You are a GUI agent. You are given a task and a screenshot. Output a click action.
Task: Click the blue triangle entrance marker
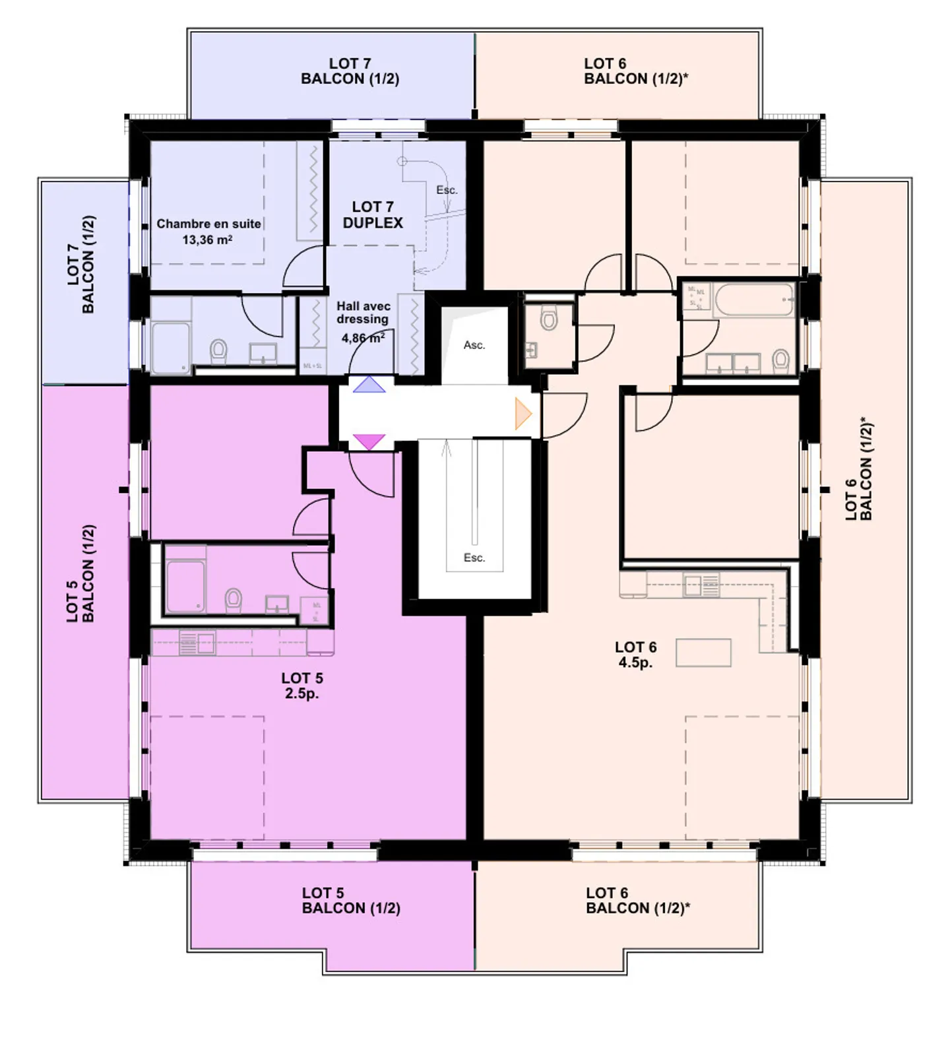368,385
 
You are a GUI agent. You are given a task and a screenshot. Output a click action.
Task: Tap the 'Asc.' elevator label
474,345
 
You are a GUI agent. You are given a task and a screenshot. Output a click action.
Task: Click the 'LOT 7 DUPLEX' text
373,215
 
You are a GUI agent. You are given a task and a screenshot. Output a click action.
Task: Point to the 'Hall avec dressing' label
364,313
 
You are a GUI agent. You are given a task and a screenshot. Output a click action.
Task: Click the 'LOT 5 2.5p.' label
302,685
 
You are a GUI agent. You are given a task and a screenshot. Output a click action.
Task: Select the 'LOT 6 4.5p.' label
635,655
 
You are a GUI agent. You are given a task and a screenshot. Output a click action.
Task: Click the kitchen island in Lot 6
703,653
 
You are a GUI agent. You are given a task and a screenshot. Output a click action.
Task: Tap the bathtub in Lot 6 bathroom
755,300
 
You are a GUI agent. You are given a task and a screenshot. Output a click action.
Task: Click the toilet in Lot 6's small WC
548,320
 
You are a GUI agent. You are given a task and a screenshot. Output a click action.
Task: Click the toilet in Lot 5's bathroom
233,600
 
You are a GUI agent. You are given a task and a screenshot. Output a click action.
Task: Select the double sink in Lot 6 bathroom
734,362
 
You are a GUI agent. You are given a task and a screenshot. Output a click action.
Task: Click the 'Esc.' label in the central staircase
474,558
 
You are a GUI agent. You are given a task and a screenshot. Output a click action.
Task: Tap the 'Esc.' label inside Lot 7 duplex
447,190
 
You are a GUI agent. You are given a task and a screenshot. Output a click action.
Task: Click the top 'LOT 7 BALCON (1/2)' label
350,71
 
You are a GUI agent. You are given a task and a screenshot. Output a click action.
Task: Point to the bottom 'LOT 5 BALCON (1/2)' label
351,900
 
